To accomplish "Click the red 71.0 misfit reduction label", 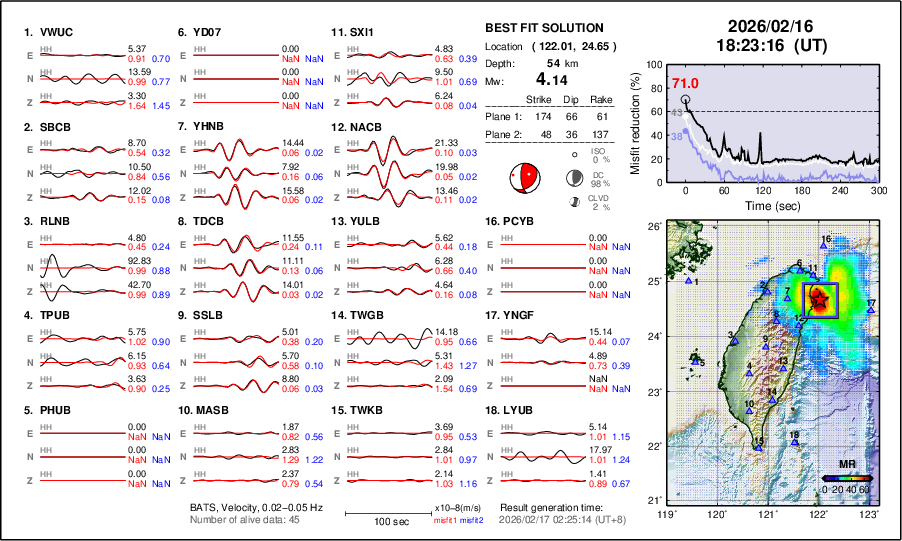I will click(x=685, y=83).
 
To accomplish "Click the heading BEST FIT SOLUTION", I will click(x=543, y=28).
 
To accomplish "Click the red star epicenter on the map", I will click(x=819, y=298).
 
